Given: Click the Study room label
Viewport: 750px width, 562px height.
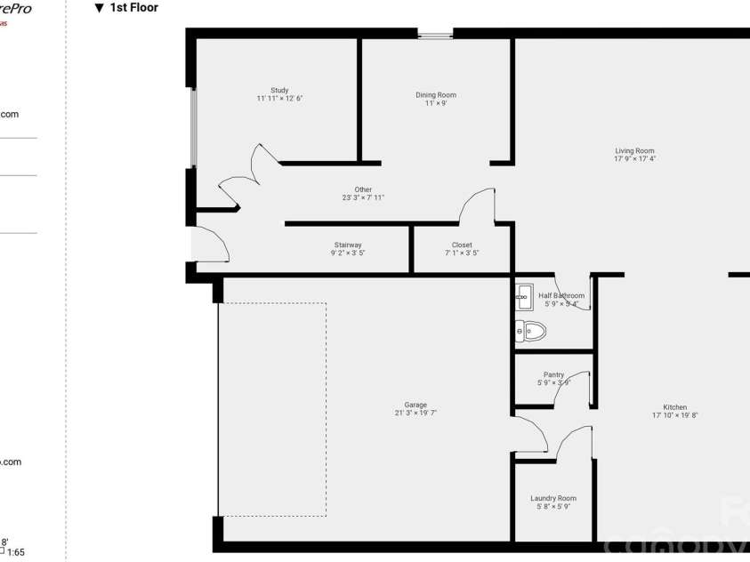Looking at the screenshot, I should (x=279, y=90).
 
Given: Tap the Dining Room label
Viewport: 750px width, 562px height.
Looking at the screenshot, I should (x=436, y=95).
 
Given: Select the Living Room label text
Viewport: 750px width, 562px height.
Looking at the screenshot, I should (x=634, y=151).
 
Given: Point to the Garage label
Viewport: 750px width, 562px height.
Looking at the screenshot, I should (x=415, y=405).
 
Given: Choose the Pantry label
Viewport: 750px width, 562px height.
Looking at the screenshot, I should (x=553, y=375).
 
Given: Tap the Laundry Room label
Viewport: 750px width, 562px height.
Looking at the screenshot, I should (x=553, y=499).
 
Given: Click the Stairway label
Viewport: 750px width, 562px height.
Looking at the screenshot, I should (x=348, y=245).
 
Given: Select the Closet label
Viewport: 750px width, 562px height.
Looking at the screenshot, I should (x=462, y=245).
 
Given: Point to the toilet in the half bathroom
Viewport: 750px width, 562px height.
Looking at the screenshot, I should (x=531, y=332).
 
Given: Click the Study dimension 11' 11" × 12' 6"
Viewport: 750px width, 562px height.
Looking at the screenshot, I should (x=279, y=99).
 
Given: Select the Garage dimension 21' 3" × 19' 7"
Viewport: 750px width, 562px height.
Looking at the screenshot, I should (x=415, y=413).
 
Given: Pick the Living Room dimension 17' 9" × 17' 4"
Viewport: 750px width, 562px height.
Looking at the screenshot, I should (x=634, y=159).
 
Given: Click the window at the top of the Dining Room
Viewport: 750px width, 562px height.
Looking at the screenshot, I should (x=435, y=35).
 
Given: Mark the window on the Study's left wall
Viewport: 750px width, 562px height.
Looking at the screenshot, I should (x=192, y=127).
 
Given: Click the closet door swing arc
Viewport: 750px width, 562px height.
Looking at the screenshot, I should (x=478, y=205).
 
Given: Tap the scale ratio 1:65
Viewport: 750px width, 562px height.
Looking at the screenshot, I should (x=16, y=552).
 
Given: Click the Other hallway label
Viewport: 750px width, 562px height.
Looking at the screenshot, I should (x=363, y=189).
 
